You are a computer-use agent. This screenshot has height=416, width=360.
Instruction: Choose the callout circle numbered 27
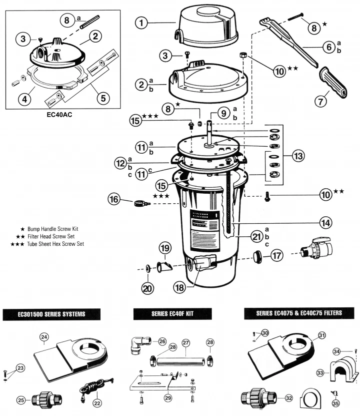pos(186,343)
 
